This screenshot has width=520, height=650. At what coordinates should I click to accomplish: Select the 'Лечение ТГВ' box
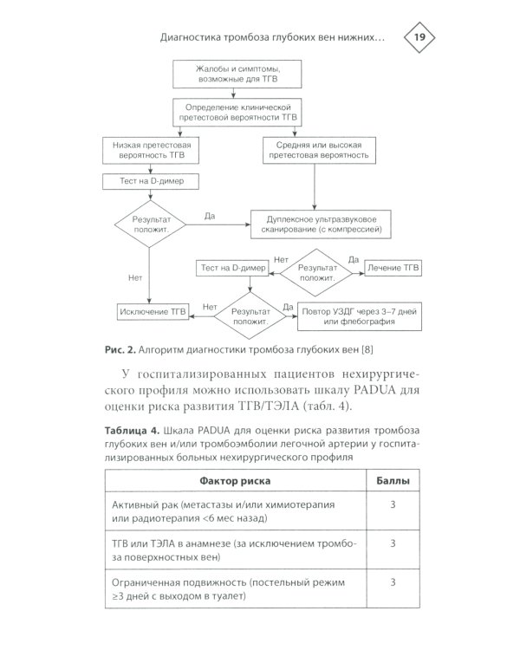pyautogui.click(x=393, y=270)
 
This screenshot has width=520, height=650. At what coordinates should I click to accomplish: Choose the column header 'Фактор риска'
pyautogui.click(x=235, y=480)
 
